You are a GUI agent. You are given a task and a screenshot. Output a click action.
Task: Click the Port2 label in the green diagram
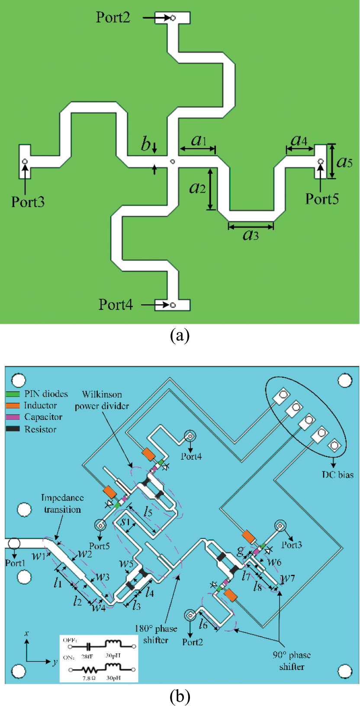coord(113,17)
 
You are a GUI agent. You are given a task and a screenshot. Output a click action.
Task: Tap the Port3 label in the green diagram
coord(28,202)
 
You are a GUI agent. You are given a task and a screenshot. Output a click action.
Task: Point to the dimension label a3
coord(251,235)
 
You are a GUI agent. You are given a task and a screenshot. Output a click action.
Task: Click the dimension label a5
coord(344,162)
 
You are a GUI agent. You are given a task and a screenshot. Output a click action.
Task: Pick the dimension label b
coord(146,145)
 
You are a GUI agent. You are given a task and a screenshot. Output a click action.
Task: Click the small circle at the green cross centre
coord(172,161)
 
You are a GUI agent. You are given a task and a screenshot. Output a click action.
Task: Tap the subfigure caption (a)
coord(180,336)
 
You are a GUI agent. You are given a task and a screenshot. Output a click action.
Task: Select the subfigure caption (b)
coord(180,696)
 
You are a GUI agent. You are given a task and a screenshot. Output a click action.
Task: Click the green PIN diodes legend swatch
coord(13,394)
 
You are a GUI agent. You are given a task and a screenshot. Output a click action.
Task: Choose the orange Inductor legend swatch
coord(13,406)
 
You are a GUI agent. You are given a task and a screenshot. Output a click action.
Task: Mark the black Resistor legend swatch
coord(13,429)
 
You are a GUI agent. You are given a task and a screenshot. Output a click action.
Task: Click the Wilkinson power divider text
coord(102,400)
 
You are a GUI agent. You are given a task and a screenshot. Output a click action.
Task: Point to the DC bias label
coord(337,475)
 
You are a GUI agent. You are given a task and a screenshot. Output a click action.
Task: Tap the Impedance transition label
coord(63,503)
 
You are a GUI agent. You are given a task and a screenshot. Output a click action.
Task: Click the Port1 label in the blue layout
coord(15,563)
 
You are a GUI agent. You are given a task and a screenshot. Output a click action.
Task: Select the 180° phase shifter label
coord(156,634)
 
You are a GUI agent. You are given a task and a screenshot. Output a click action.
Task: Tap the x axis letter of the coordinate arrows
coord(27,633)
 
